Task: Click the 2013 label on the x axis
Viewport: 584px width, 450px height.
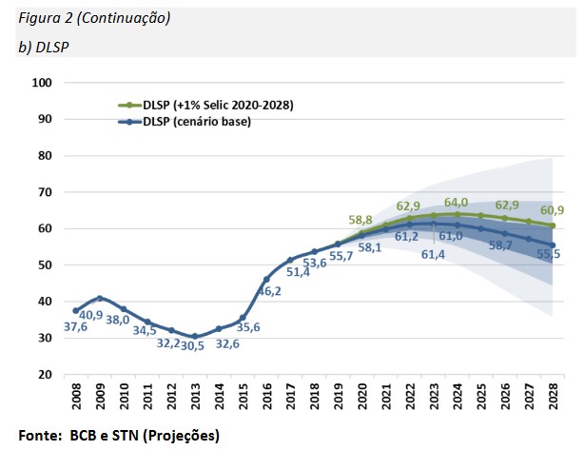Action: coord(196,395)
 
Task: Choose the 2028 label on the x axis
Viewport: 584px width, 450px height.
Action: coord(554,395)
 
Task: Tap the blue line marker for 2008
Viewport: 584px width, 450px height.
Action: coord(76,311)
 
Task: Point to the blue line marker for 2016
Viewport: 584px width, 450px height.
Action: coord(267,279)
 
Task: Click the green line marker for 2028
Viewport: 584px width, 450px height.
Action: coord(553,225)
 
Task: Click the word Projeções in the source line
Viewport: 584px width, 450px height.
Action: coord(180,435)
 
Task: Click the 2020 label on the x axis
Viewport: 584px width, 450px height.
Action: coord(362,395)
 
